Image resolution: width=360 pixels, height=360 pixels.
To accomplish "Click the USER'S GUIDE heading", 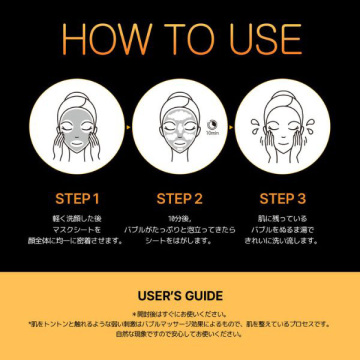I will pos(180,296).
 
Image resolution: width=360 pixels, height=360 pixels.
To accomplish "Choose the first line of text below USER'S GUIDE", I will pos(180,313).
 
